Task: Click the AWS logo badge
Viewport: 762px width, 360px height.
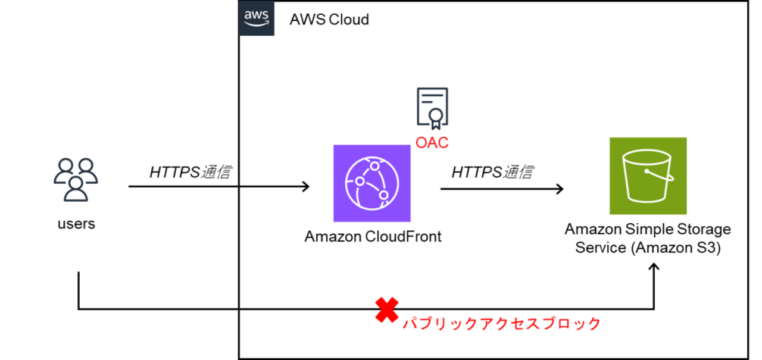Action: (x=257, y=18)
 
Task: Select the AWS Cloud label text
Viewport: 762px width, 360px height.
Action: (x=329, y=20)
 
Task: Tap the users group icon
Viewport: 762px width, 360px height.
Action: (x=76, y=180)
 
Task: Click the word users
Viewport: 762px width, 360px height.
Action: (x=76, y=224)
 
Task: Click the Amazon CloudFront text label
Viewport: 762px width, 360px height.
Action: (x=373, y=236)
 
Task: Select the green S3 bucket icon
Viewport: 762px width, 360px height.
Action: (x=648, y=176)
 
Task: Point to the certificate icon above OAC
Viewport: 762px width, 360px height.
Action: (x=432, y=109)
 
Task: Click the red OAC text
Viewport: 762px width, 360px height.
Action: (x=432, y=143)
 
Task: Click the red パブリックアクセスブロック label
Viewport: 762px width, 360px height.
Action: (x=502, y=324)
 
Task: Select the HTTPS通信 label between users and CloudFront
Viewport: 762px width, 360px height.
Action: (x=190, y=172)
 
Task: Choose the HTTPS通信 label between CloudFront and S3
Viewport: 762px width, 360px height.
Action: (x=492, y=172)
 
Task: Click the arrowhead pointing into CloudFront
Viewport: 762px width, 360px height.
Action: (x=306, y=187)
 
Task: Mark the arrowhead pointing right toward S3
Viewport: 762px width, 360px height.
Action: (x=559, y=189)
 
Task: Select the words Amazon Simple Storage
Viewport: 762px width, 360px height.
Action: (x=648, y=229)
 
